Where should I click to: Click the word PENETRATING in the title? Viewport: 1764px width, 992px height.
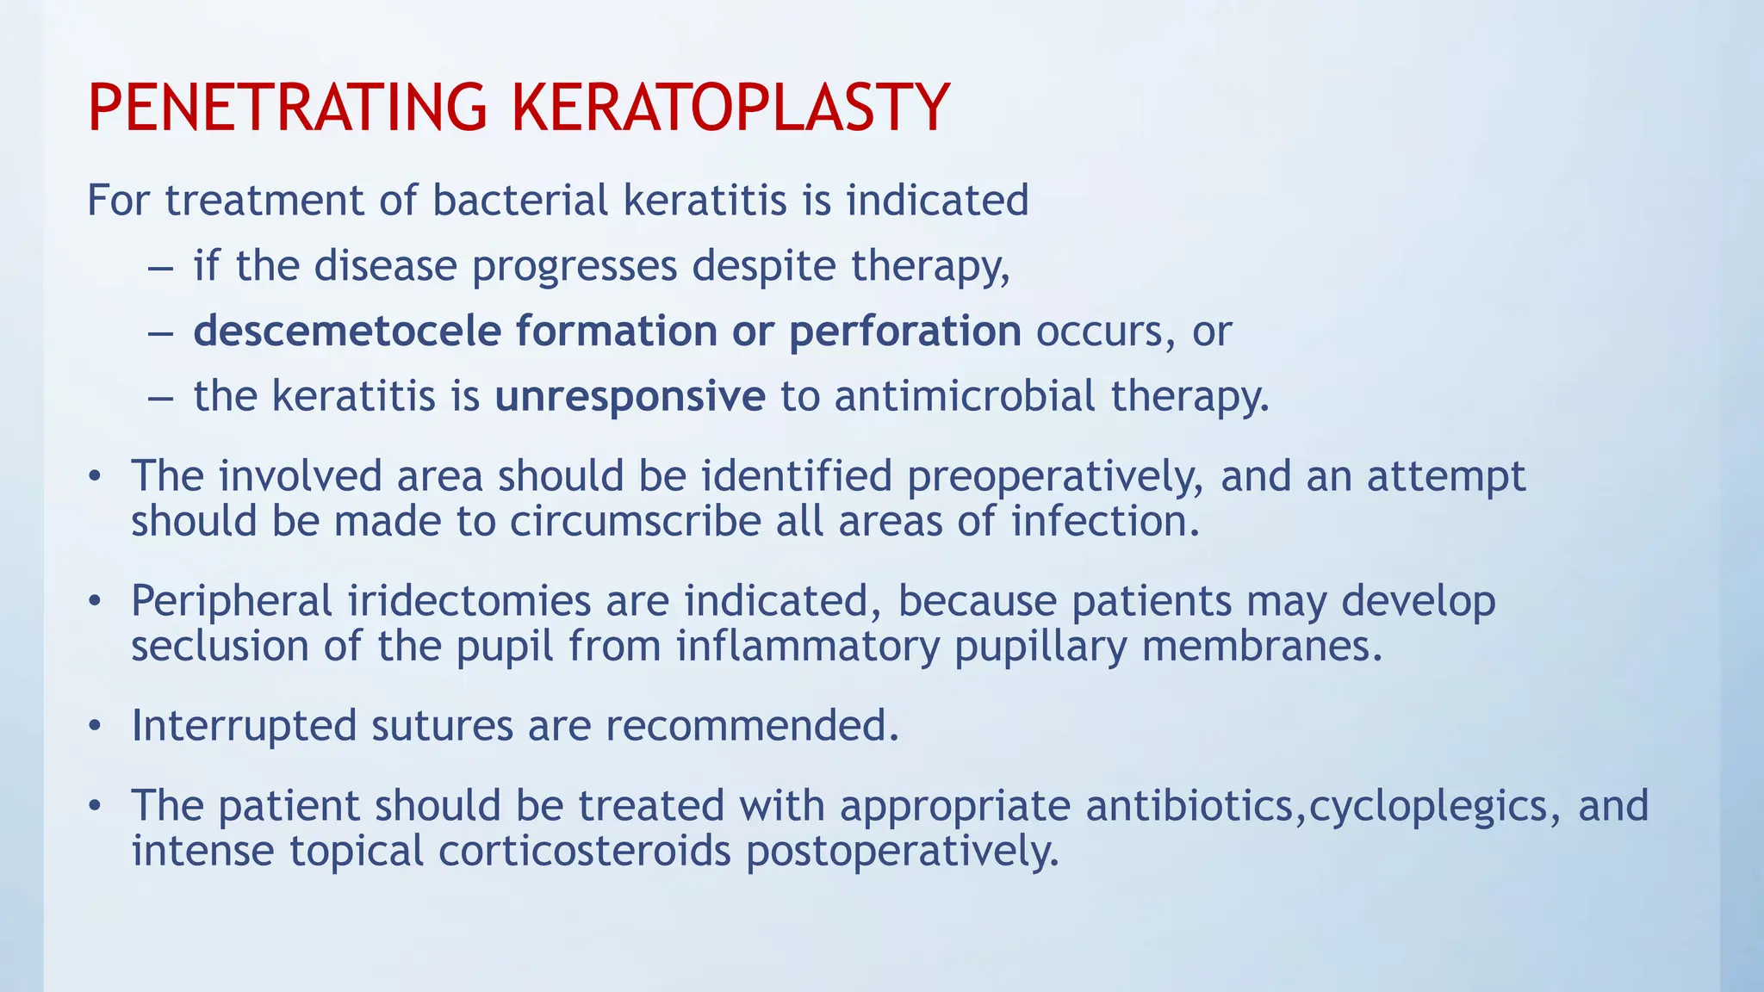coord(287,108)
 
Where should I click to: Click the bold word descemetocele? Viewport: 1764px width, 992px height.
coord(347,332)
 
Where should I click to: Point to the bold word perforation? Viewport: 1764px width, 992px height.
coord(904,332)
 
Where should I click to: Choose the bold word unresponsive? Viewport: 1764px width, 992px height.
coord(630,397)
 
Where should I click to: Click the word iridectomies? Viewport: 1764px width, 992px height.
coord(469,601)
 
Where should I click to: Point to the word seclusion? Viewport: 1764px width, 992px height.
coord(220,646)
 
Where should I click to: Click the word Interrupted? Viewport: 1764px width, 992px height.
coord(244,726)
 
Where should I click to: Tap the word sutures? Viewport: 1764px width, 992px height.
coord(442,726)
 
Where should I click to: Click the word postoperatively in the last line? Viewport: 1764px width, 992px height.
coord(902,851)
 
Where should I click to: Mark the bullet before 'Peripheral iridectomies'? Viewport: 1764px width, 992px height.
coord(95,601)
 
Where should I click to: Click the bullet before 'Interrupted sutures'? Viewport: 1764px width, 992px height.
coord(95,726)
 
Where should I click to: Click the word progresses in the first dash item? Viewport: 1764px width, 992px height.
coord(575,266)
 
